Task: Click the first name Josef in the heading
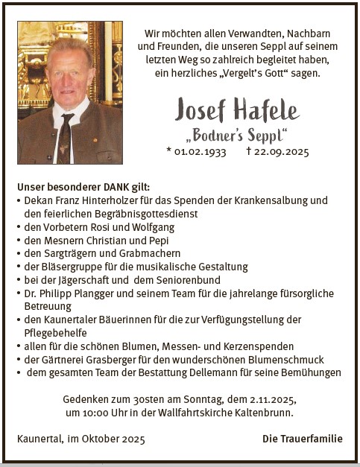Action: pos(201,110)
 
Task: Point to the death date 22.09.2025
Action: pos(282,151)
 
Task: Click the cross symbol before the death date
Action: pos(249,150)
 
